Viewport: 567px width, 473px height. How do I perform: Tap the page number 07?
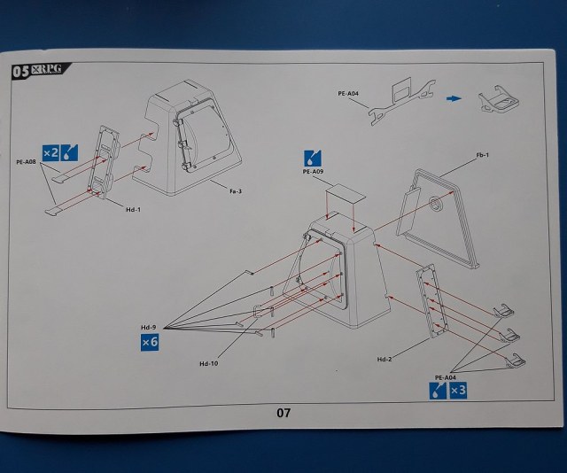pyautogui.click(x=283, y=413)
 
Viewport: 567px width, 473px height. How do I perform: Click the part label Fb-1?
pyautogui.click(x=483, y=156)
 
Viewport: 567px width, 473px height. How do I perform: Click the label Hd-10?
pyautogui.click(x=209, y=363)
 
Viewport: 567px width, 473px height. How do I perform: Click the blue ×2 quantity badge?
pyautogui.click(x=51, y=153)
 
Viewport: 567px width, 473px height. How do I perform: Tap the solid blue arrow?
pyautogui.click(x=454, y=99)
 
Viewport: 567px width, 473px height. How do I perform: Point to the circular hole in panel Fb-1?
pyautogui.click(x=437, y=205)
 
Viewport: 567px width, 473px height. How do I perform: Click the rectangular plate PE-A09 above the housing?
pyautogui.click(x=343, y=193)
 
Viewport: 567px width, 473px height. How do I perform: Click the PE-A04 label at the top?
pyautogui.click(x=349, y=92)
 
